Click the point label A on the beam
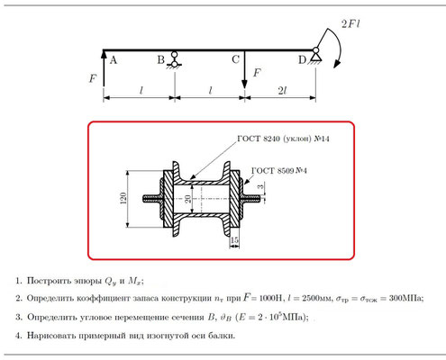(x=114, y=60)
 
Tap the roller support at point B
(x=174, y=60)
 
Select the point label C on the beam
(x=235, y=59)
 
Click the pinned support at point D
(x=315, y=55)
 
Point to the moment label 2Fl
(x=350, y=23)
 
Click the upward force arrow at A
(x=104, y=68)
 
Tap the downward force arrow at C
(x=244, y=69)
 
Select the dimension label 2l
(x=282, y=90)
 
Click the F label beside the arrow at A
(x=93, y=78)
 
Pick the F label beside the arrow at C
(x=257, y=73)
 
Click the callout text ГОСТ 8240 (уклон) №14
(x=283, y=139)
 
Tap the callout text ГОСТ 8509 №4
(x=279, y=171)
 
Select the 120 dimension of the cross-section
(x=123, y=198)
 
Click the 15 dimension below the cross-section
(x=234, y=240)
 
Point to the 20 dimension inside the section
(x=188, y=199)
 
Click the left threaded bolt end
(x=152, y=198)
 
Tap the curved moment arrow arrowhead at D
(x=337, y=64)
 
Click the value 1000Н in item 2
(x=270, y=298)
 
